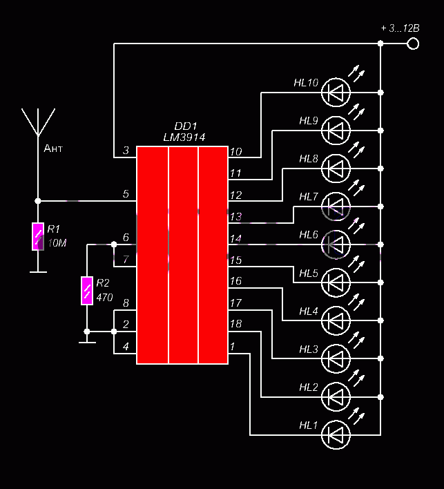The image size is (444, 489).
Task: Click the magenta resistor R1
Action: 38,236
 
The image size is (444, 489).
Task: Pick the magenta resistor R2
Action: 87,290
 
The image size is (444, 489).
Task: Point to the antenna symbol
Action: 38,122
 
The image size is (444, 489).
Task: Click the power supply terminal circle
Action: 413,44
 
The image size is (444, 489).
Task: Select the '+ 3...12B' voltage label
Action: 400,28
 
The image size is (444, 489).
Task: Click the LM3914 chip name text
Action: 184,137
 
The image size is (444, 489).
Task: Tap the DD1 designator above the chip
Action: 186,126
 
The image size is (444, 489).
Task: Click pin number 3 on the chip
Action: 126,151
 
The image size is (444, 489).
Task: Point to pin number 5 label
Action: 126,194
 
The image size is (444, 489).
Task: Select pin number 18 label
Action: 235,324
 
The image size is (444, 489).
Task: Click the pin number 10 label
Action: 235,152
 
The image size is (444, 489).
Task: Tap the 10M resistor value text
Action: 57,243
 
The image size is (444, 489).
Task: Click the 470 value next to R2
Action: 104,298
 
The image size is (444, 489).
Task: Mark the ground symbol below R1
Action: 38,272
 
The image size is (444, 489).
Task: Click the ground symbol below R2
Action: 87,342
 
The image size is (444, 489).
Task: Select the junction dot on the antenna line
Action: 38,201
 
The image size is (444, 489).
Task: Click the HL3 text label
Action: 309,349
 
